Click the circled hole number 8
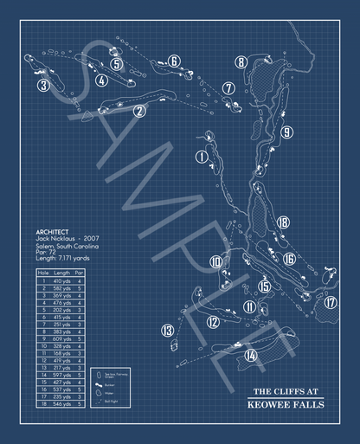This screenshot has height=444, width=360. coord(241,61)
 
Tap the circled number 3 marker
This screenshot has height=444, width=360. coord(42,85)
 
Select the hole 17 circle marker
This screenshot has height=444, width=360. coord(330,302)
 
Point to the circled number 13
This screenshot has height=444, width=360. coord(167,330)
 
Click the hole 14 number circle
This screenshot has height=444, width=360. coord(251,355)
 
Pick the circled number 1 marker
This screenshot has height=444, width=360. coord(202,157)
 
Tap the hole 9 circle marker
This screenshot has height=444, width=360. coord(285,132)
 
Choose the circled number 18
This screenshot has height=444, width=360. coord(282,222)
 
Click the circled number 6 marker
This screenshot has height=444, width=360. coord(174,61)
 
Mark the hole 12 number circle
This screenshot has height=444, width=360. coord(213,322)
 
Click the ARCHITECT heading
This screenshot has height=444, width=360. coord(53,232)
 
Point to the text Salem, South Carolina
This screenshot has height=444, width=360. coord(67,246)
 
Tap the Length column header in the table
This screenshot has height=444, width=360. coord(62,273)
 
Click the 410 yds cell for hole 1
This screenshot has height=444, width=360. coord(62,281)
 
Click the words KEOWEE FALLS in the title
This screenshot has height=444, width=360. coord(285,403)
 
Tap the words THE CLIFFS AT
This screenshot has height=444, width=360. coord(285,389)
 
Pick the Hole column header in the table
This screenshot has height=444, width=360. coord(42,273)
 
